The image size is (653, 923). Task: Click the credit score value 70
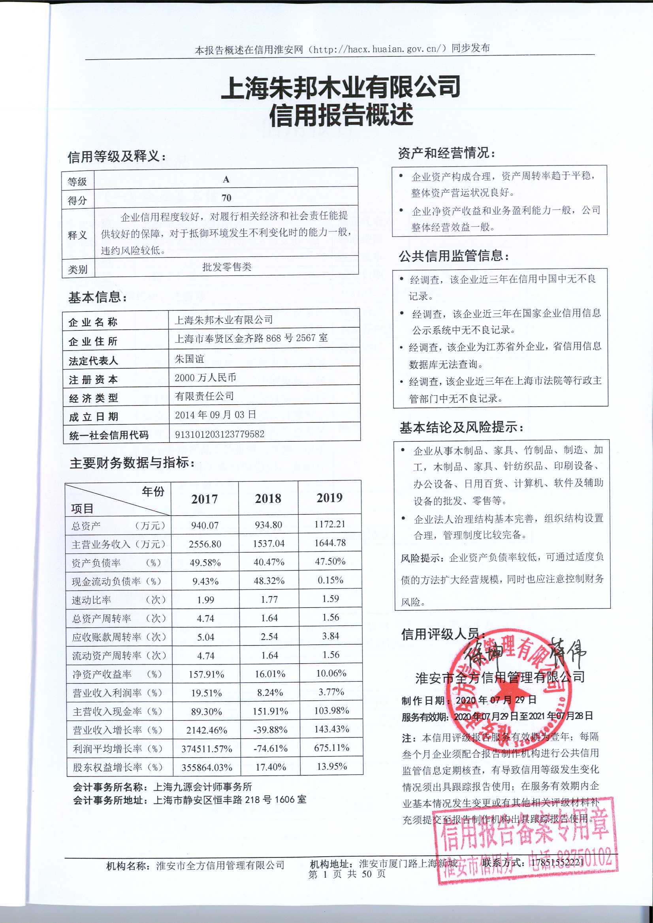[226, 198]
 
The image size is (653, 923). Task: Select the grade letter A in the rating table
[226, 179]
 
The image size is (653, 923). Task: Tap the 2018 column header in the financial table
[268, 499]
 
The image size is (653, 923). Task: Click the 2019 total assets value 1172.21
[329, 524]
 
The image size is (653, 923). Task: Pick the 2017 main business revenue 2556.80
[205, 544]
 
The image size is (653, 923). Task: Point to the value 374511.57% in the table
[206, 749]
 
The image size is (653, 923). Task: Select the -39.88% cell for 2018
[270, 730]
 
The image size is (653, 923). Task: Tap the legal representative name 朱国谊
[189, 358]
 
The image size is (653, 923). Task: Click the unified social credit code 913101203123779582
[219, 434]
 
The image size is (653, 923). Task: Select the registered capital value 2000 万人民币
[205, 377]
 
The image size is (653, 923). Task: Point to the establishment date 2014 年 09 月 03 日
[215, 415]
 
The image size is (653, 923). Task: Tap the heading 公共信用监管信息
[454, 256]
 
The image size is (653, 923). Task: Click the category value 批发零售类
[226, 267]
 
